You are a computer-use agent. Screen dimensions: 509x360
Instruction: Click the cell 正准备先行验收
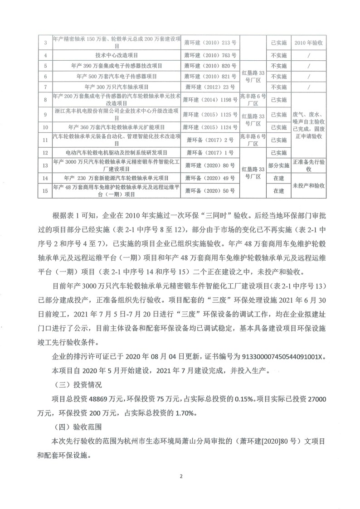pos(308,166)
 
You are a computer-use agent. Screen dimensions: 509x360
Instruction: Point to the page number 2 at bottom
pos(180,476)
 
